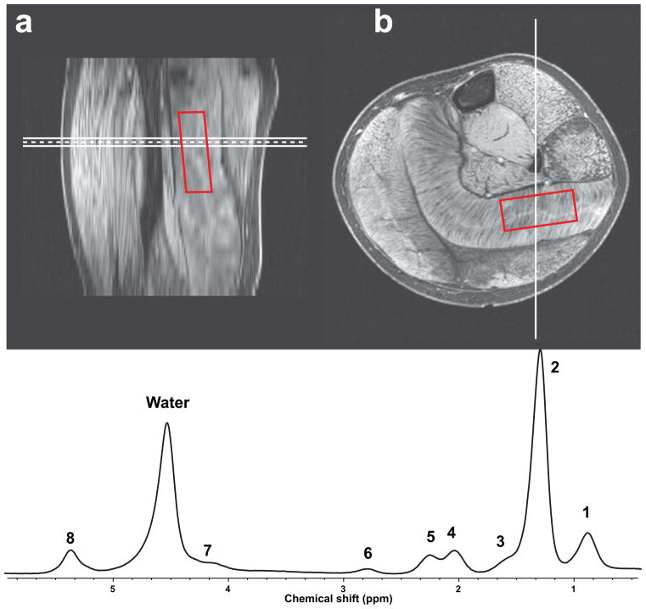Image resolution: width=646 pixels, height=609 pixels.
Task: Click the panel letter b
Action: point(384,23)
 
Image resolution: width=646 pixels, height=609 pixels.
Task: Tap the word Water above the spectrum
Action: point(166,404)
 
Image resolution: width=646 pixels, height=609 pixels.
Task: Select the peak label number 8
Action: point(70,538)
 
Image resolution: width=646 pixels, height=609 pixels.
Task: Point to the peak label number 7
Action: point(207,550)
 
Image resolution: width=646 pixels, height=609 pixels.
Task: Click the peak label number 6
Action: point(368,553)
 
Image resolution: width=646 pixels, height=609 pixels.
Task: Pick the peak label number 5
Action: point(430,537)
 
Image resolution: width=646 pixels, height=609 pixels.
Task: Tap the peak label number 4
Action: point(452,532)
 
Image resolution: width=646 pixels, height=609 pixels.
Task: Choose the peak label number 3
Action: point(501,541)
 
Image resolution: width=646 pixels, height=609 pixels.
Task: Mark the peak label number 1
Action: point(586,511)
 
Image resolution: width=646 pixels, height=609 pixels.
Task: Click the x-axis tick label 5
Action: point(112,586)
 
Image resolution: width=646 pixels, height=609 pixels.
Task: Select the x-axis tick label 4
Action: point(228,586)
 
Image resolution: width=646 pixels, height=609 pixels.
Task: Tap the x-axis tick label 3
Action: point(343,586)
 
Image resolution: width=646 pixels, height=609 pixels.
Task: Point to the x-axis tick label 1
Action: point(574,586)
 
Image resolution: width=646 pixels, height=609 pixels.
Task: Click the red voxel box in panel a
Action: point(194,151)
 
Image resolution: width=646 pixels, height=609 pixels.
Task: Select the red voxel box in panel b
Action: point(538,210)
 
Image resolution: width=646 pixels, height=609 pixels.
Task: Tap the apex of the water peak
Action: point(167,423)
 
